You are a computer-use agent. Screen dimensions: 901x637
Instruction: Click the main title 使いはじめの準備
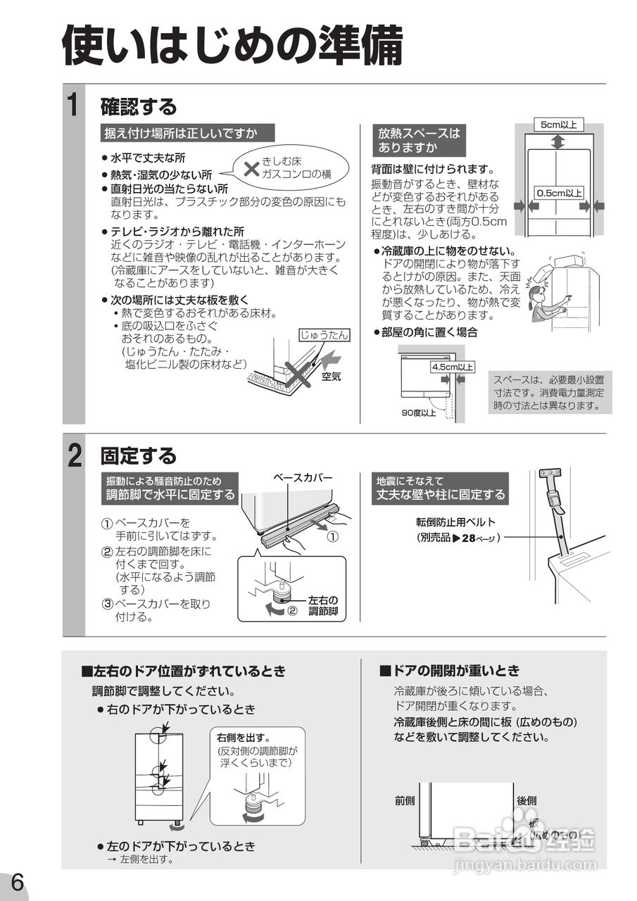[232, 45]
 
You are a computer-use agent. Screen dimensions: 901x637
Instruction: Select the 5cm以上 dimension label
[558, 125]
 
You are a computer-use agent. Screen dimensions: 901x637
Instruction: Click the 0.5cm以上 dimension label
[560, 192]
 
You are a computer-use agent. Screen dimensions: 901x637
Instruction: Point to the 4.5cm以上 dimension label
[452, 367]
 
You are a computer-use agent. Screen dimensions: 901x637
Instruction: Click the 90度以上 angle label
[418, 413]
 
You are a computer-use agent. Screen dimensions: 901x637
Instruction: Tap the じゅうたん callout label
[324, 335]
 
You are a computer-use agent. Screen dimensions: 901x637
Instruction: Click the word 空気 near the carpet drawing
[331, 377]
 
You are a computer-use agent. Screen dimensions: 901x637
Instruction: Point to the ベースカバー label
[303, 478]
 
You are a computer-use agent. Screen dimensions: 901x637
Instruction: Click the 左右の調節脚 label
[323, 605]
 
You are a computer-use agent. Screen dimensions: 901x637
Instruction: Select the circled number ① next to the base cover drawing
[333, 536]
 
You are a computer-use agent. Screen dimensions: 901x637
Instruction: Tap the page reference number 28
[471, 538]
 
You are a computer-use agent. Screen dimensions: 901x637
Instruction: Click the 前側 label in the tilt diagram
[405, 800]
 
